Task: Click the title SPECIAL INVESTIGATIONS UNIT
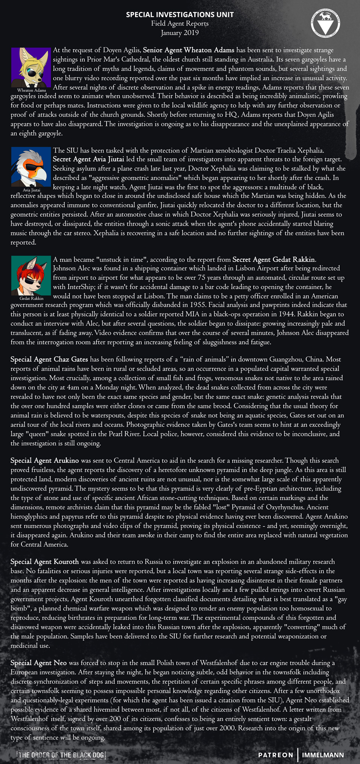pos(180,15)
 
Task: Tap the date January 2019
pos(180,33)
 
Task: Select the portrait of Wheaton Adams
pos(31,67)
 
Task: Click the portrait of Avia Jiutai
pos(31,167)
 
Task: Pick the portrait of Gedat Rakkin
pos(31,275)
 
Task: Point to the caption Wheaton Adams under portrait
pos(32,90)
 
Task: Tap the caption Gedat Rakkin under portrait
pos(32,298)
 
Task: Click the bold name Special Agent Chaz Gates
pos(49,359)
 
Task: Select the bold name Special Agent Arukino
pos(44,460)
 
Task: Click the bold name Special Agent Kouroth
pos(44,562)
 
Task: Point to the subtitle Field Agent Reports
pos(180,24)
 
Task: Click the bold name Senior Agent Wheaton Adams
pos(188,50)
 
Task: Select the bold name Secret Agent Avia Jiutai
pos(88,159)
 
